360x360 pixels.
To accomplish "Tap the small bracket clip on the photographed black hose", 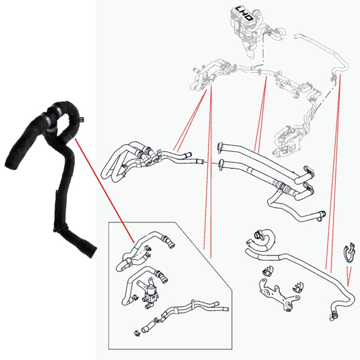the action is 81,119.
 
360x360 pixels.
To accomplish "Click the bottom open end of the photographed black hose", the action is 93,252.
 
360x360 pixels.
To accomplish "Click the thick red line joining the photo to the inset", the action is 105,190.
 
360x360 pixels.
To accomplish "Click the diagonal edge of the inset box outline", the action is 204,256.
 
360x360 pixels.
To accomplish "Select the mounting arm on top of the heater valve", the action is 144,283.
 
